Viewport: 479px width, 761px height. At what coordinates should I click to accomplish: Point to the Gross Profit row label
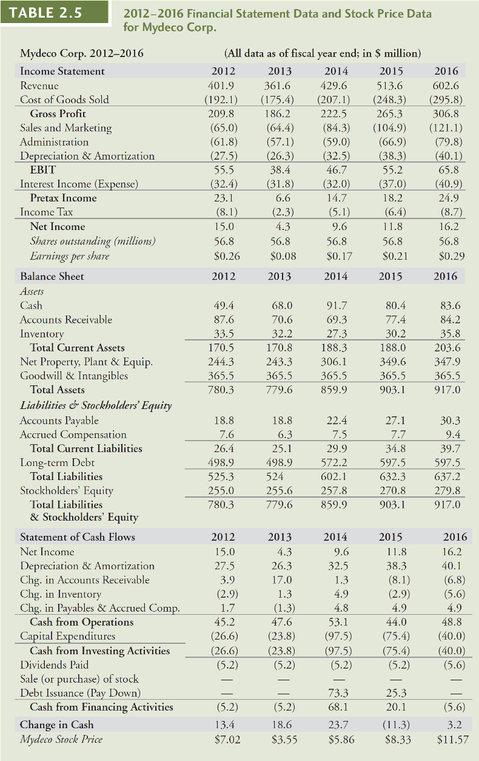58,113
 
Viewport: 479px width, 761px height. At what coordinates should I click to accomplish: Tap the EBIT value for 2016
449,170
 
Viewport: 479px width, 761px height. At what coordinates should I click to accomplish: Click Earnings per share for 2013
281,255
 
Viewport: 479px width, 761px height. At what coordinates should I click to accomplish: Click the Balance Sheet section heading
52,276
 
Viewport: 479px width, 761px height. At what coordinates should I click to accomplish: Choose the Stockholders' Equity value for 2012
224,490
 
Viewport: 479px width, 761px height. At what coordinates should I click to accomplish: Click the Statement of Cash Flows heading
78,536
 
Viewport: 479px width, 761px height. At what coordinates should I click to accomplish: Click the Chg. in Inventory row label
61,594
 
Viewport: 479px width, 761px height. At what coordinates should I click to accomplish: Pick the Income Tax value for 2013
281,212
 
